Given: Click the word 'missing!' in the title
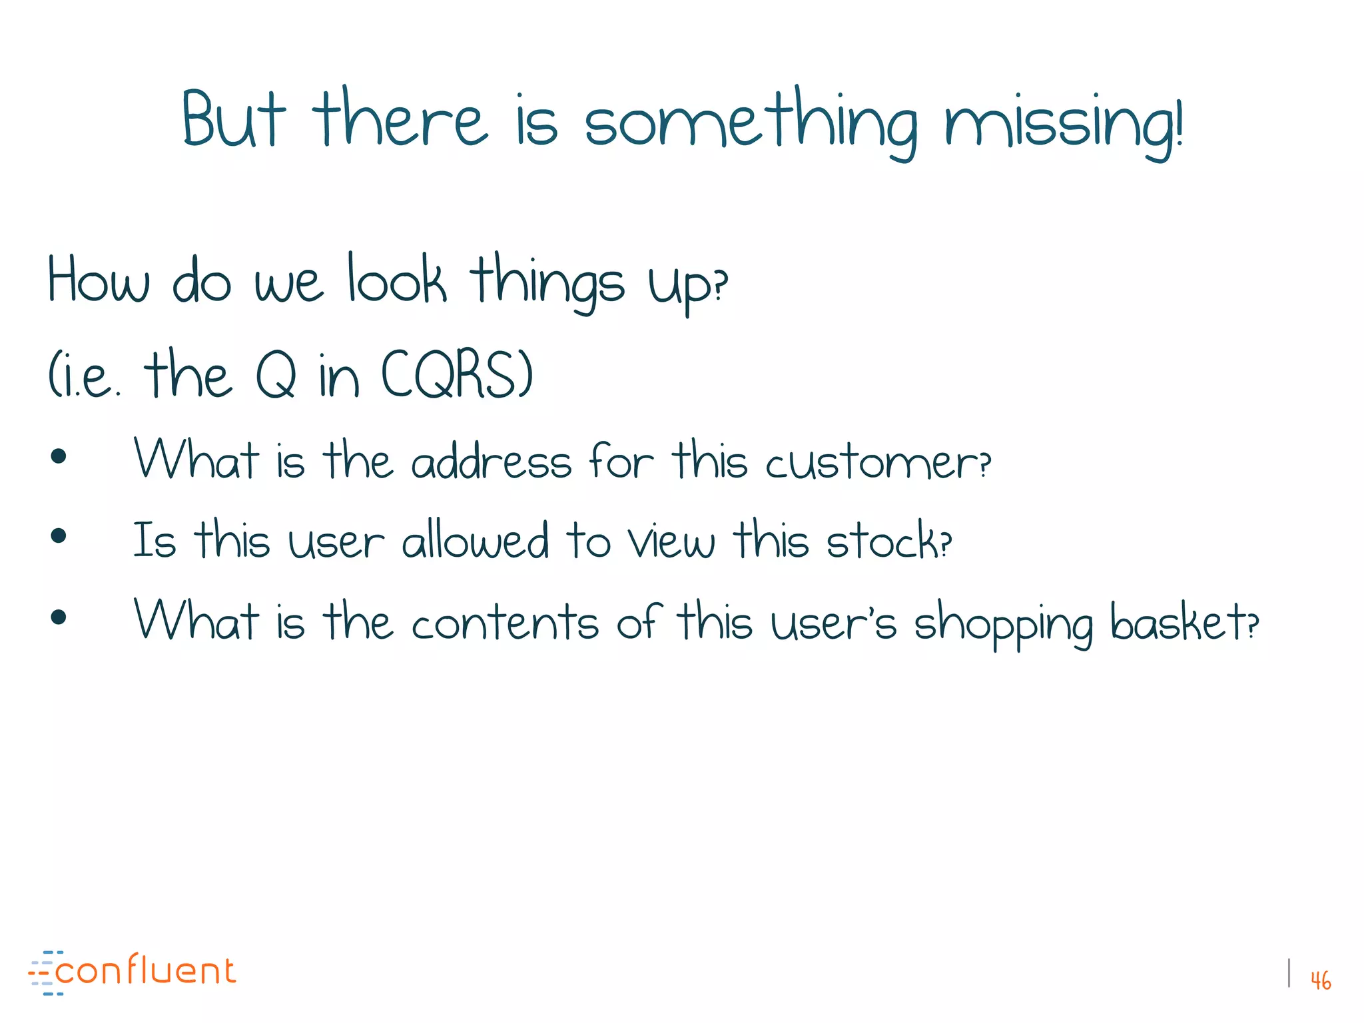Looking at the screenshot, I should (1064, 123).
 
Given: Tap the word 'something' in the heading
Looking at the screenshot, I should (751, 123).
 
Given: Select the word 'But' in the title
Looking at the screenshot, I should (233, 120).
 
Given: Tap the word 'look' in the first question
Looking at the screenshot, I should (397, 280).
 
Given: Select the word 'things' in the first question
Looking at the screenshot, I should (547, 283).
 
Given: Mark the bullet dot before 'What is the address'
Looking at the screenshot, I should (59, 456).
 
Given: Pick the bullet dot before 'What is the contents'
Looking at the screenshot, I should (59, 617).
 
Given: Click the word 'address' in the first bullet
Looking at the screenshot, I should (492, 461).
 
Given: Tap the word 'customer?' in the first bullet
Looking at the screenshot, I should (878, 462).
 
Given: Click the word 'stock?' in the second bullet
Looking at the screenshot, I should (888, 541).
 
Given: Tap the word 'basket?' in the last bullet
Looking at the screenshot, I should (1184, 621).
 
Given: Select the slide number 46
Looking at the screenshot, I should (1320, 980).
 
